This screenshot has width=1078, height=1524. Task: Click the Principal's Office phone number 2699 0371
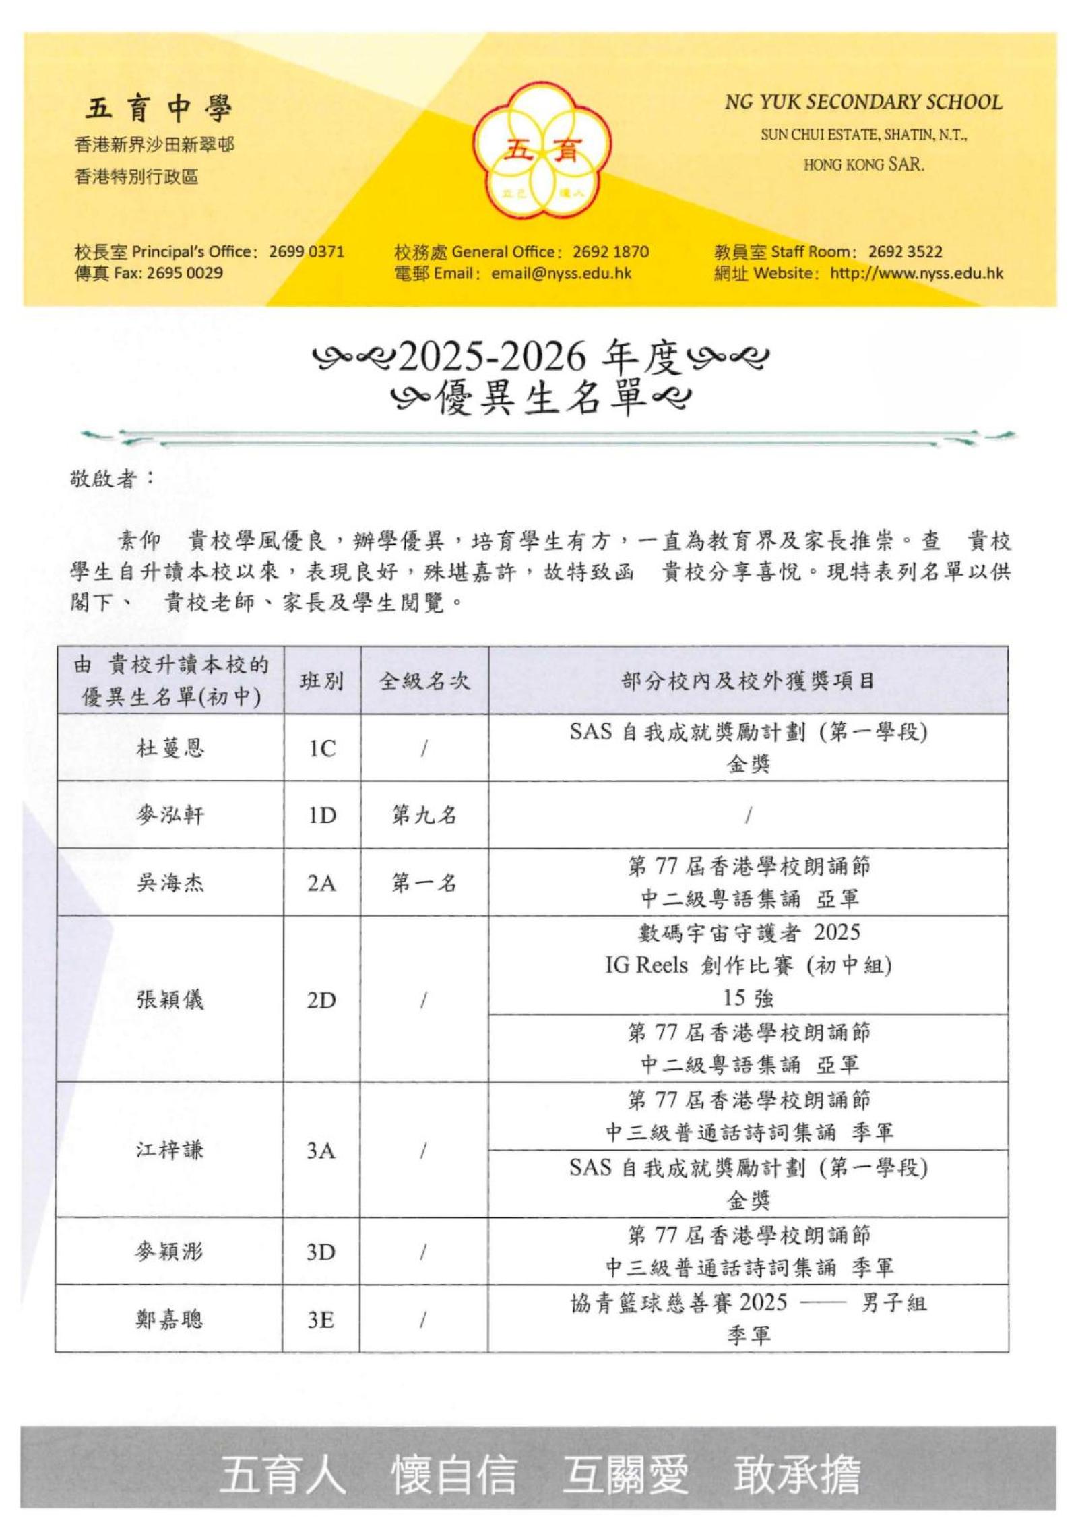coord(306,252)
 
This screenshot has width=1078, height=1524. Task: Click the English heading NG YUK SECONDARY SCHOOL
coord(862,102)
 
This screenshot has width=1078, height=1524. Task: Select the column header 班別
coord(322,681)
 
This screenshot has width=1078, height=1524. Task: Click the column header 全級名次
coord(424,681)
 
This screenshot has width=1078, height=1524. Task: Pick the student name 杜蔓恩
coord(170,748)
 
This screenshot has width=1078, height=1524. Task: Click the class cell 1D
coord(322,816)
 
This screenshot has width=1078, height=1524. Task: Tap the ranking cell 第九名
coord(424,816)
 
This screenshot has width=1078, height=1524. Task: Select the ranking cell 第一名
coord(424,883)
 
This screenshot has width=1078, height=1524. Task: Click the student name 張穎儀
coord(170,1000)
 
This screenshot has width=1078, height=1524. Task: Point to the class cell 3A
coord(321,1150)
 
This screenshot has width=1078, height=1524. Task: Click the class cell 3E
coord(321,1319)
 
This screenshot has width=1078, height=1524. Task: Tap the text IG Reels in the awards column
coord(646,965)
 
